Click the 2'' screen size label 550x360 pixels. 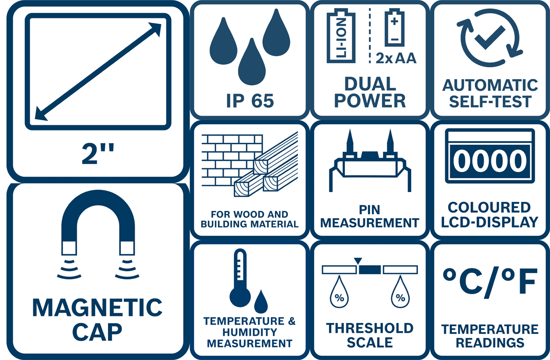pyautogui.click(x=98, y=153)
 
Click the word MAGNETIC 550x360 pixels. pyautogui.click(x=97, y=308)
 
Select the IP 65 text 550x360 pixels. pyautogui.click(x=250, y=101)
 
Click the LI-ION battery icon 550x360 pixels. pyautogui.click(x=341, y=36)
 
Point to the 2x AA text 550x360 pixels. pyautogui.click(x=396, y=58)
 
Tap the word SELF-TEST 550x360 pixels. pyautogui.click(x=490, y=102)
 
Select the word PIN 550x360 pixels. pyautogui.click(x=370, y=210)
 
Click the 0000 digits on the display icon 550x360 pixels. pyautogui.click(x=490, y=161)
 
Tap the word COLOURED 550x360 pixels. pyautogui.click(x=489, y=207)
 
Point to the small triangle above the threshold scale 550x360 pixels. pyautogui.click(x=358, y=261)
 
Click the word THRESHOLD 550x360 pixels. pyautogui.click(x=370, y=328)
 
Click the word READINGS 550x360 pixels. pyautogui.click(x=490, y=343)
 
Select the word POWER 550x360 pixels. pyautogui.click(x=370, y=101)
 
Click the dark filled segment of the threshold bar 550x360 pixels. pyautogui.click(x=370, y=270)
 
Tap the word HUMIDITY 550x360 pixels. pyautogui.click(x=250, y=332)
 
